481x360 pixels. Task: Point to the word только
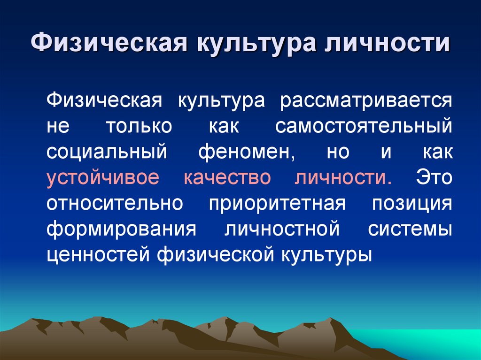[x=139, y=127]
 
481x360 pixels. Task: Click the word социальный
[x=107, y=153]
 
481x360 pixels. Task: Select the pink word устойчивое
[x=103, y=178]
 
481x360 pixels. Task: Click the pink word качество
[x=228, y=178]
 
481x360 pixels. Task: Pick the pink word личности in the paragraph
[x=343, y=178]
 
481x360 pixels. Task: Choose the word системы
[x=410, y=230]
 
